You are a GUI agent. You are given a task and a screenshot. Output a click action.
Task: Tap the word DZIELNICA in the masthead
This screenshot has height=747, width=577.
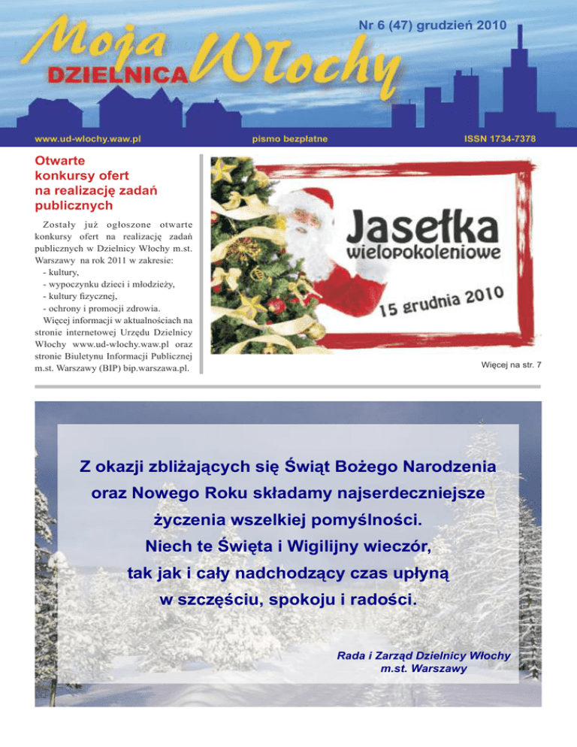(116, 73)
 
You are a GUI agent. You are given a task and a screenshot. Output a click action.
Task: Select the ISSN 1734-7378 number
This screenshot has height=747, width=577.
(500, 139)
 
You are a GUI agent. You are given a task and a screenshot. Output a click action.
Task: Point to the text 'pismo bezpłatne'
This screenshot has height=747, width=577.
(289, 139)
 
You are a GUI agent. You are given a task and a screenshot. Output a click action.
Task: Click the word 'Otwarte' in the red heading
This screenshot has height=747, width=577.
(59, 160)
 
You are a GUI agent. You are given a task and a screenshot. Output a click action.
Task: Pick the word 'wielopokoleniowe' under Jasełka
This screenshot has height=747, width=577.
(424, 250)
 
